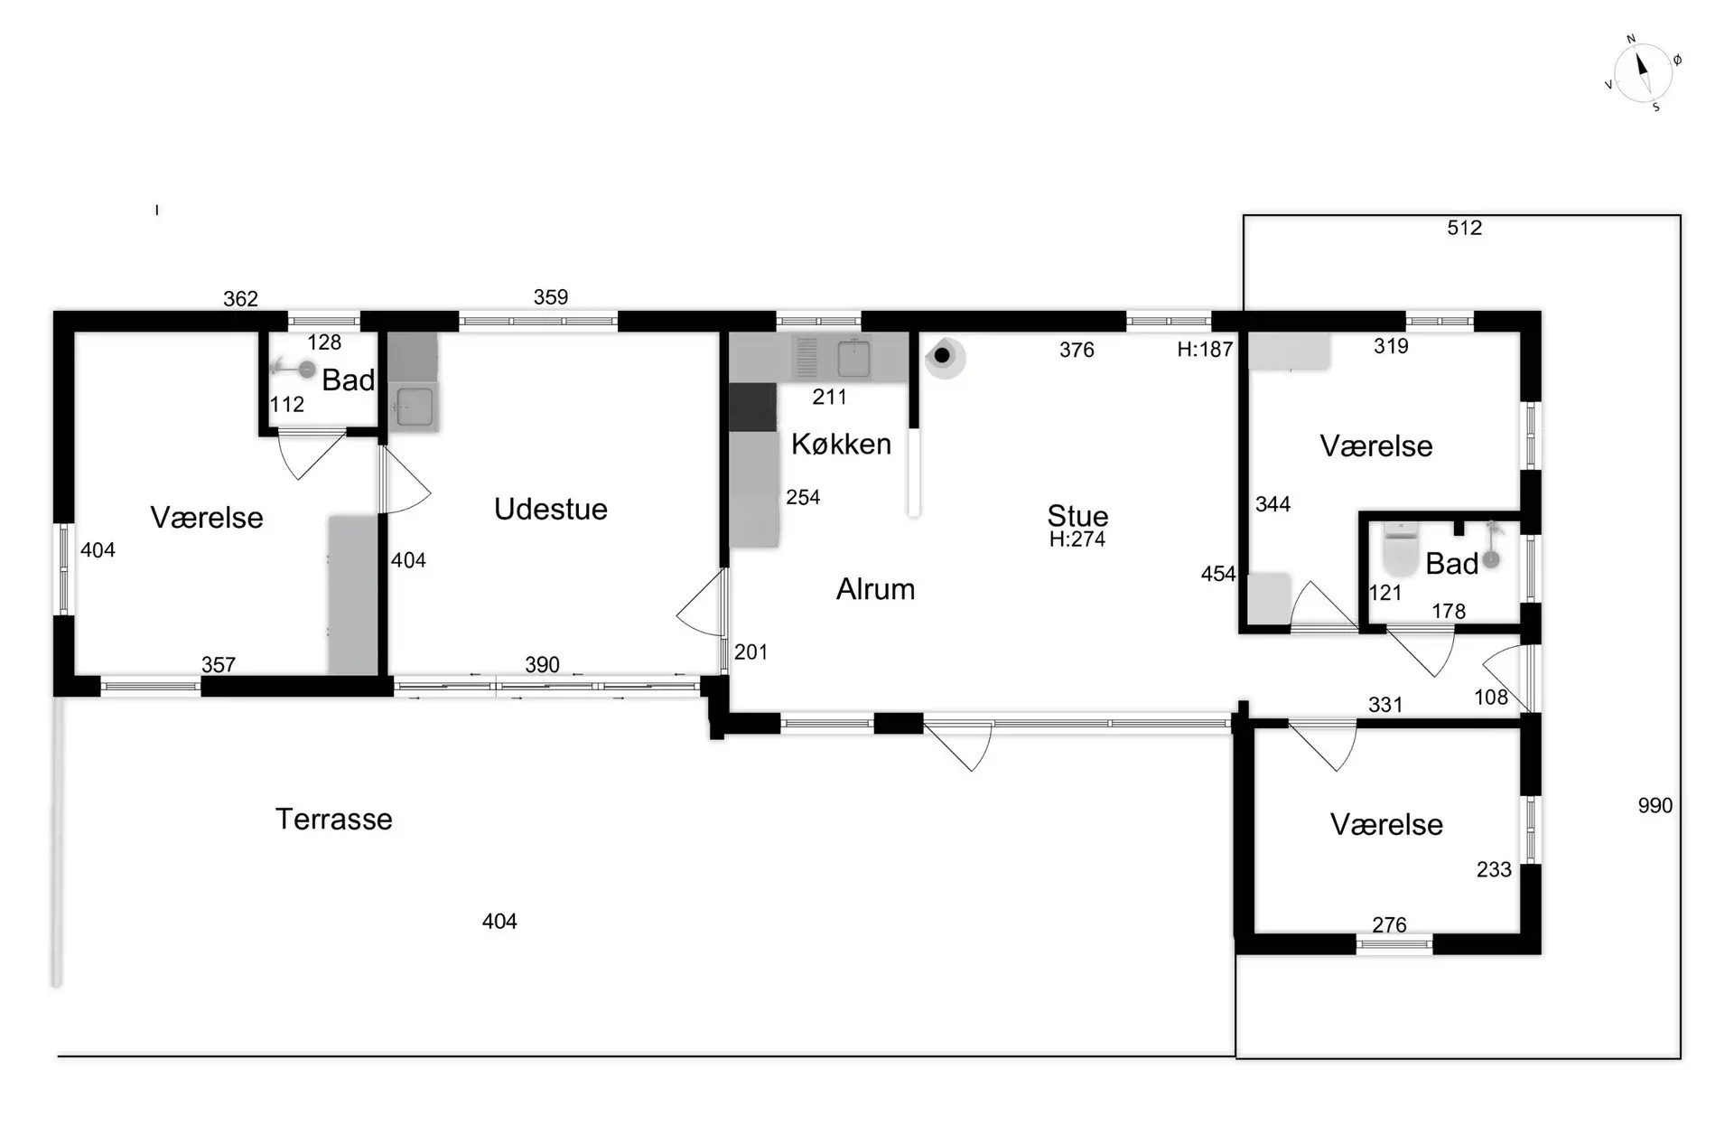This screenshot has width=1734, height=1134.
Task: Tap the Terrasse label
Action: coord(334,820)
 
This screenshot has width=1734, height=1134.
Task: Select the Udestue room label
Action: coord(551,510)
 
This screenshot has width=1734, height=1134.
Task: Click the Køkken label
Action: coord(841,444)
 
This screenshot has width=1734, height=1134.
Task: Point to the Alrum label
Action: coord(875,589)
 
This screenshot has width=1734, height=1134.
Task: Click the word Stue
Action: coord(1077,516)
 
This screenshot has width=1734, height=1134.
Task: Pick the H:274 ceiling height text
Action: coord(1077,539)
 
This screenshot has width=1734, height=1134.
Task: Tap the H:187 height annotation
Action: coord(1205,350)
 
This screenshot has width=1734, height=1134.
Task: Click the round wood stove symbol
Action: coord(944,356)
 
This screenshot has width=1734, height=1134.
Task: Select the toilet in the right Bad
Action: coord(1401,550)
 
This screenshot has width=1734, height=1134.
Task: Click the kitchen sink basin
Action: coord(853,359)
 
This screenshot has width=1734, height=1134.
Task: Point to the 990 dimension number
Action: coord(1655,806)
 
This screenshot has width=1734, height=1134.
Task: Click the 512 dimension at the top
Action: coord(1465,228)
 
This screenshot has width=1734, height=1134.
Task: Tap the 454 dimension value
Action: coord(1218,574)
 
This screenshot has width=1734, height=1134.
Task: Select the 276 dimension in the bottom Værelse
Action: coord(1389,925)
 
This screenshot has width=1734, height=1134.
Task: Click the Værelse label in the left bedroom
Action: coord(207,518)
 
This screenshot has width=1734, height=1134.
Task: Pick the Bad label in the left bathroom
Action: coord(349,380)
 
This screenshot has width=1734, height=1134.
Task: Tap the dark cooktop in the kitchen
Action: coord(752,408)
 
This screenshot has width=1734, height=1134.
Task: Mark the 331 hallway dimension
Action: coord(1385,705)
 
